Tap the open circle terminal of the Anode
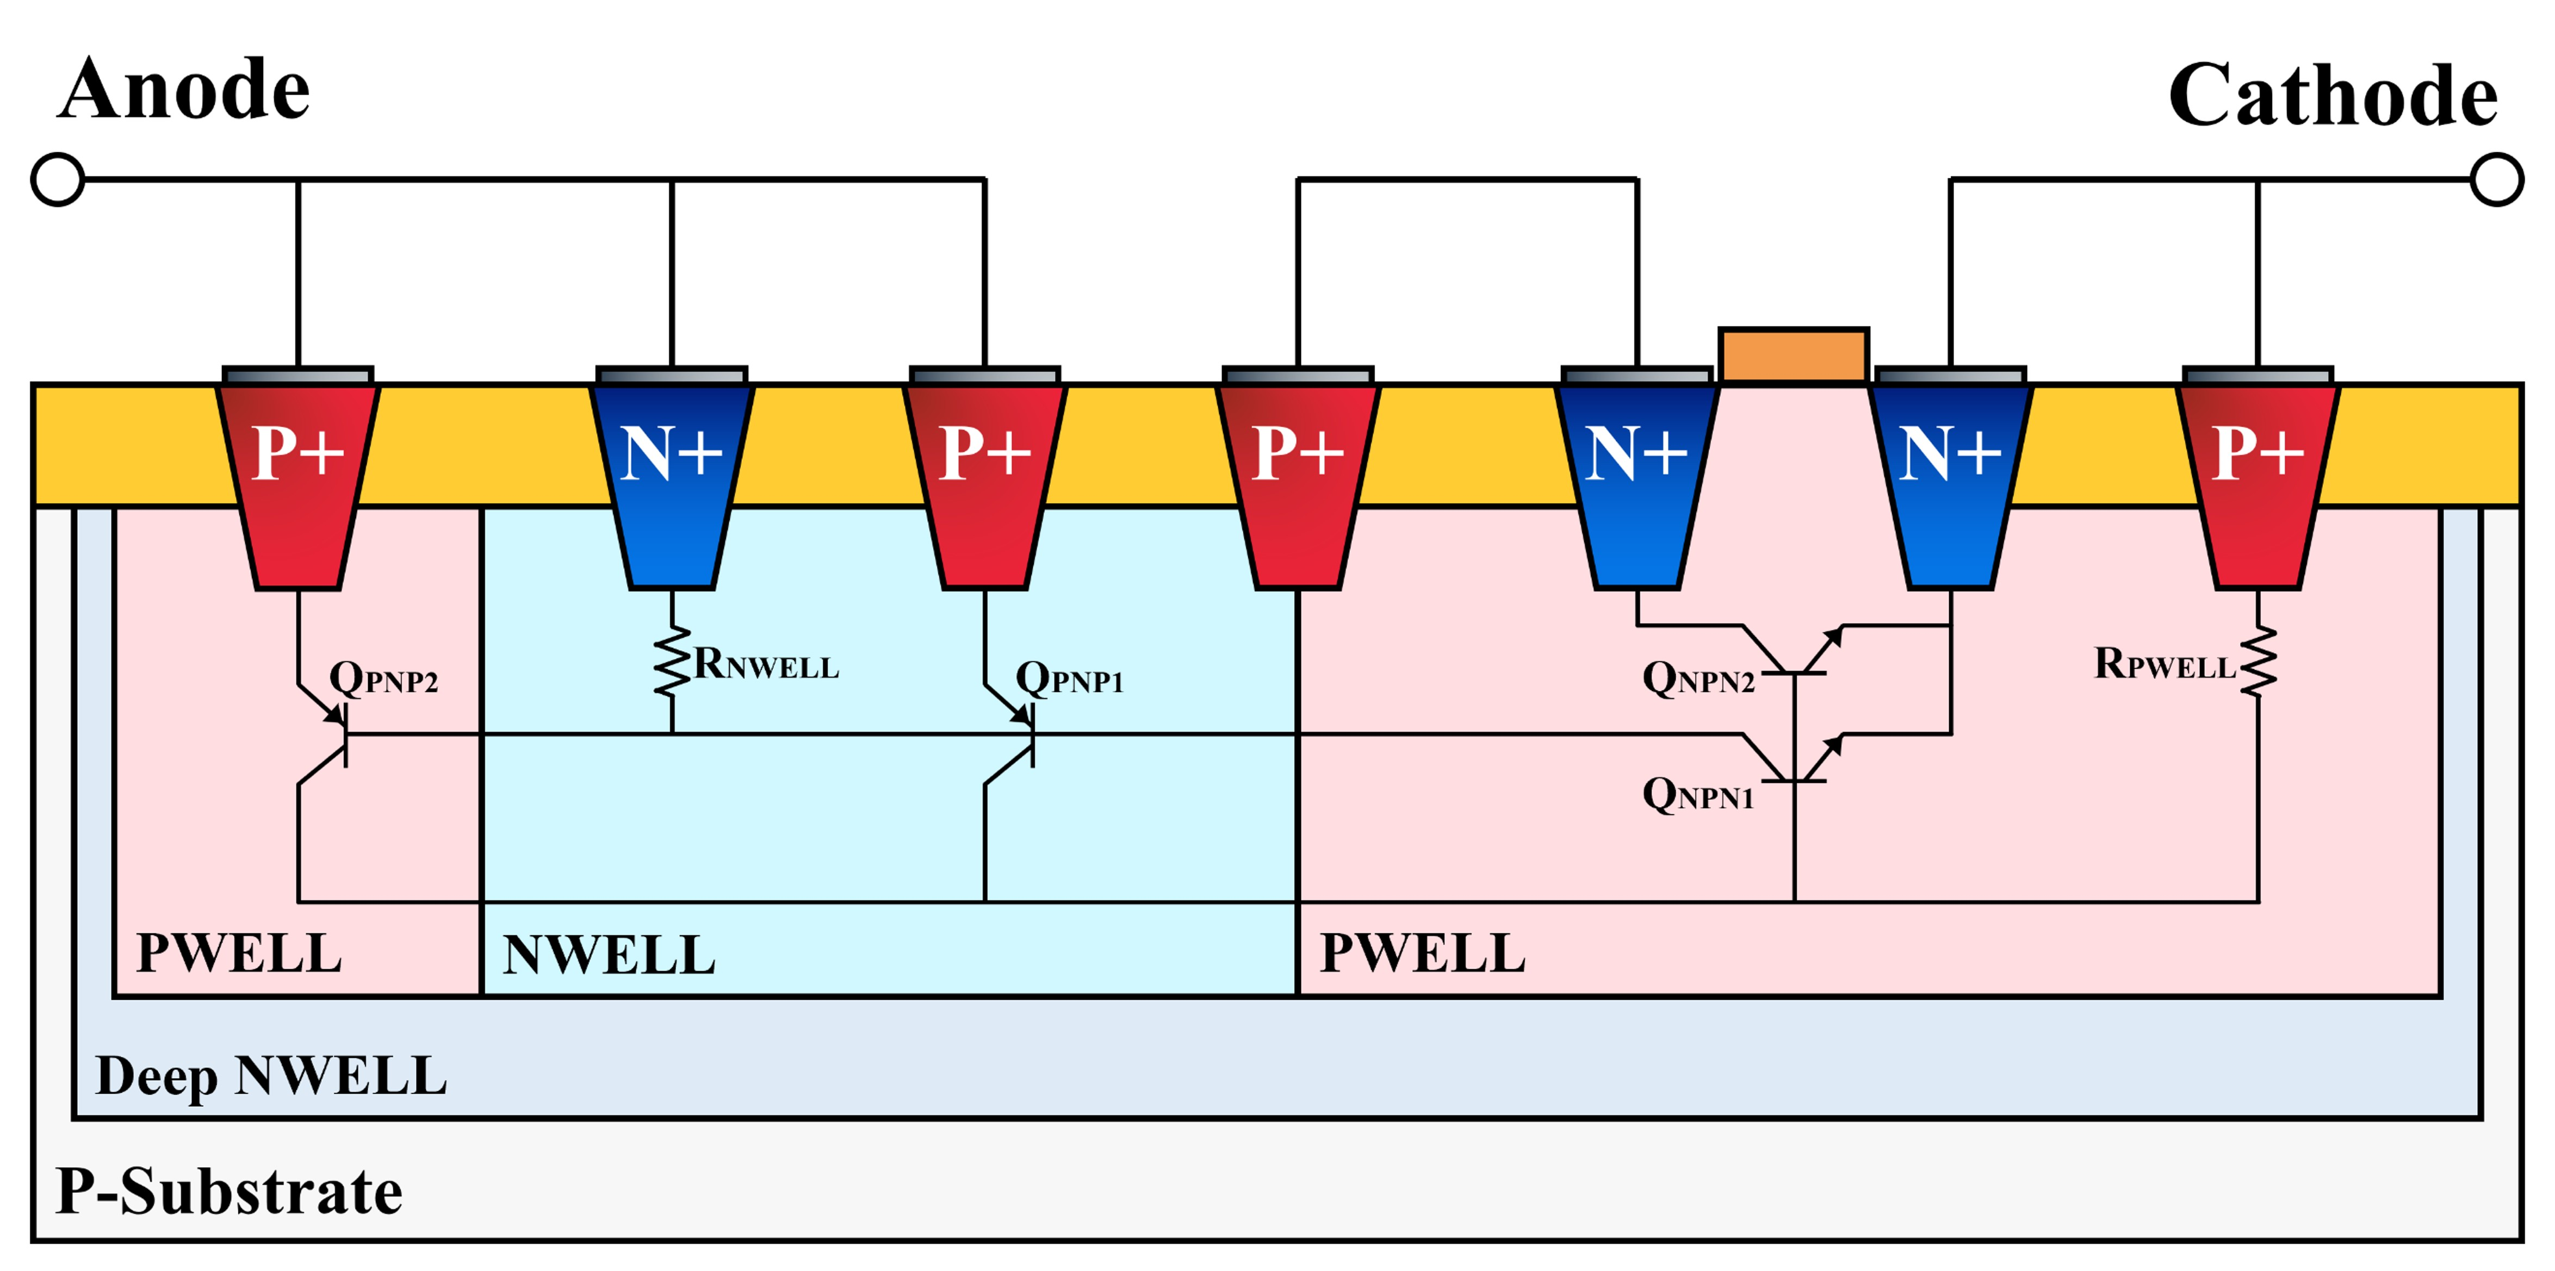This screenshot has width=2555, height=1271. pyautogui.click(x=58, y=179)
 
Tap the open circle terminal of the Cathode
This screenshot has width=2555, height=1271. pyautogui.click(x=2496, y=179)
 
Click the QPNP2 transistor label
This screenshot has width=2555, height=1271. pyautogui.click(x=383, y=679)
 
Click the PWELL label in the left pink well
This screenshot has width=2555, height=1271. pyautogui.click(x=238, y=954)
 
